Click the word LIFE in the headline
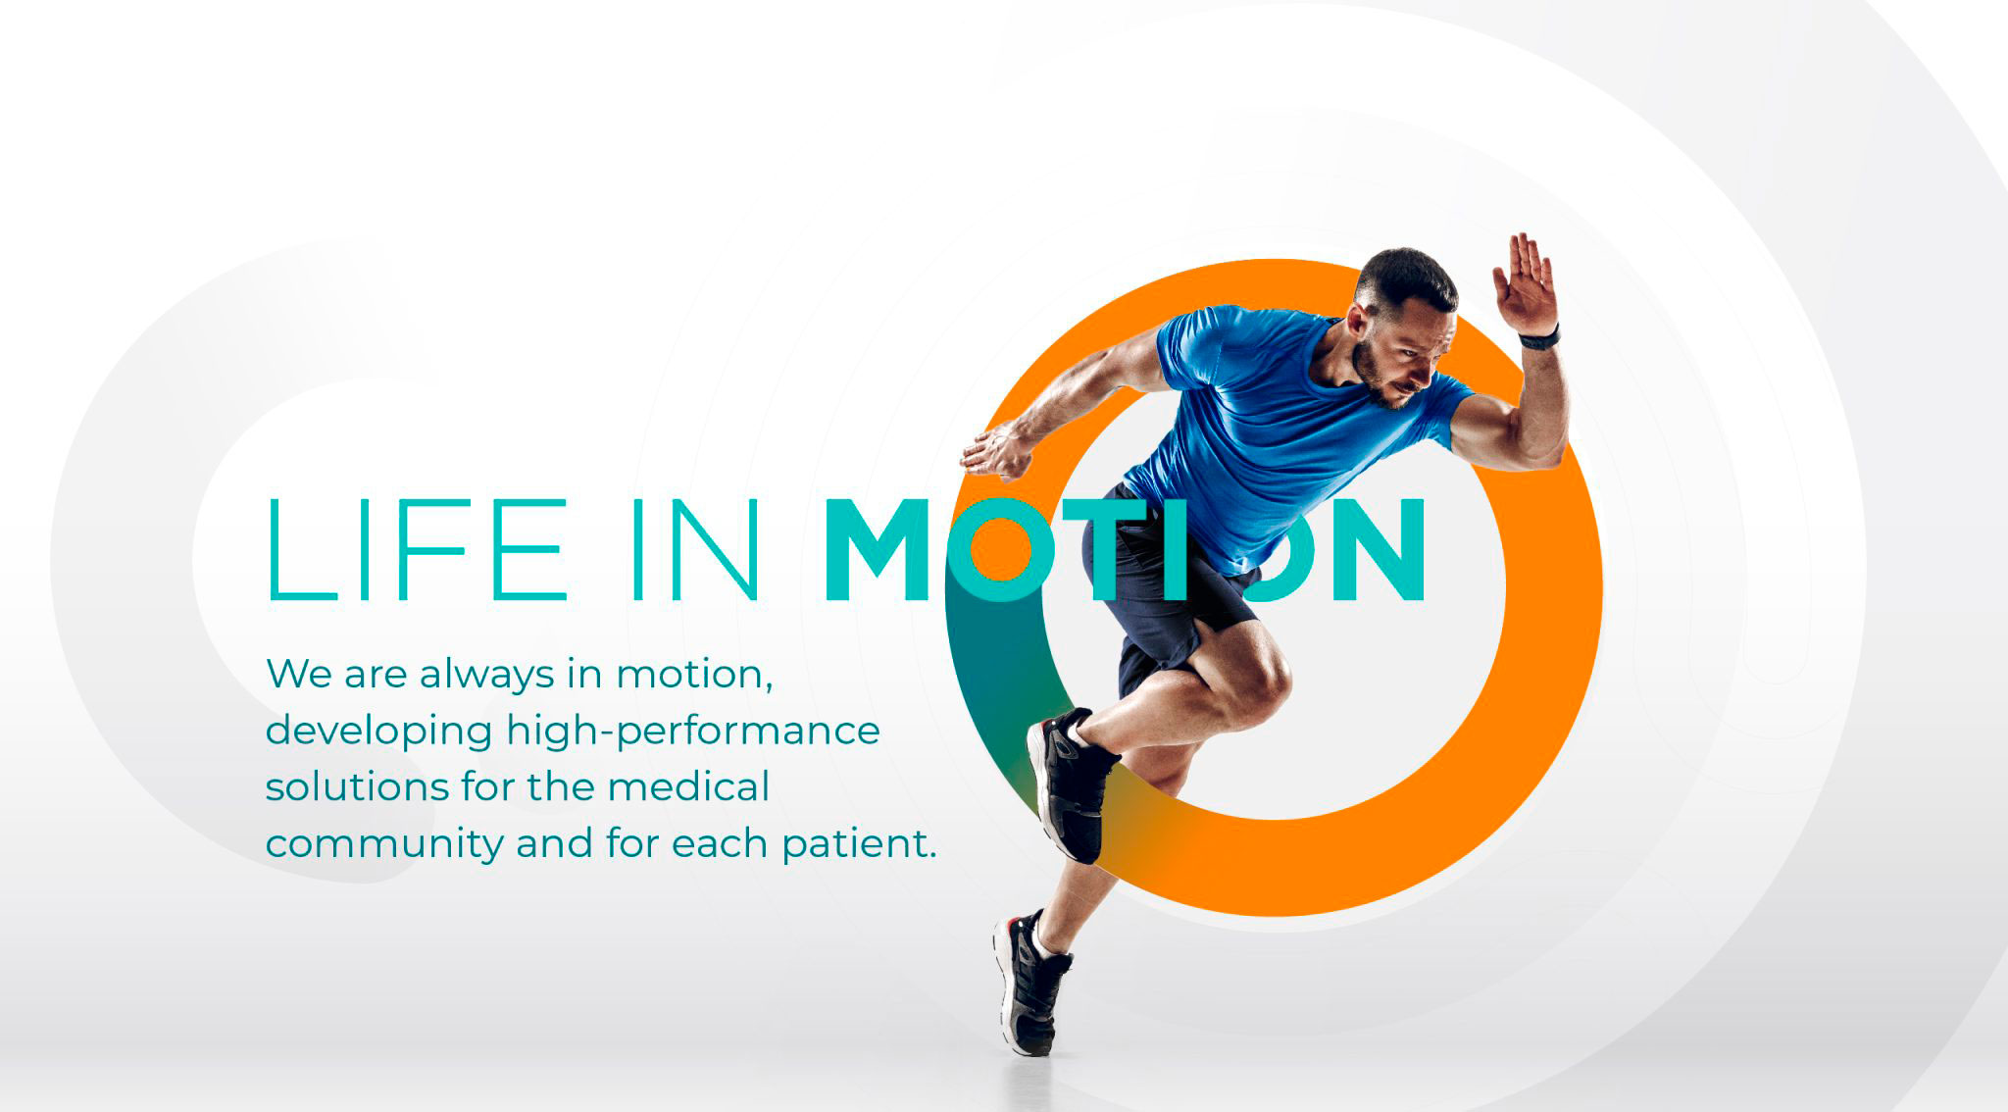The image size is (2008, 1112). pyautogui.click(x=417, y=549)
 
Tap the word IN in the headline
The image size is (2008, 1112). pyautogui.click(x=695, y=549)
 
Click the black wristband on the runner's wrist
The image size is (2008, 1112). pyautogui.click(x=1539, y=339)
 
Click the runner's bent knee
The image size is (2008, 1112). pyautogui.click(x=1265, y=677)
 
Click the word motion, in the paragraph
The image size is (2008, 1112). pyautogui.click(x=694, y=675)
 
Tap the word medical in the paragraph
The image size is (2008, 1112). pyautogui.click(x=688, y=786)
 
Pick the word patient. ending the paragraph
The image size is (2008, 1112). pyautogui.click(x=859, y=844)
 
